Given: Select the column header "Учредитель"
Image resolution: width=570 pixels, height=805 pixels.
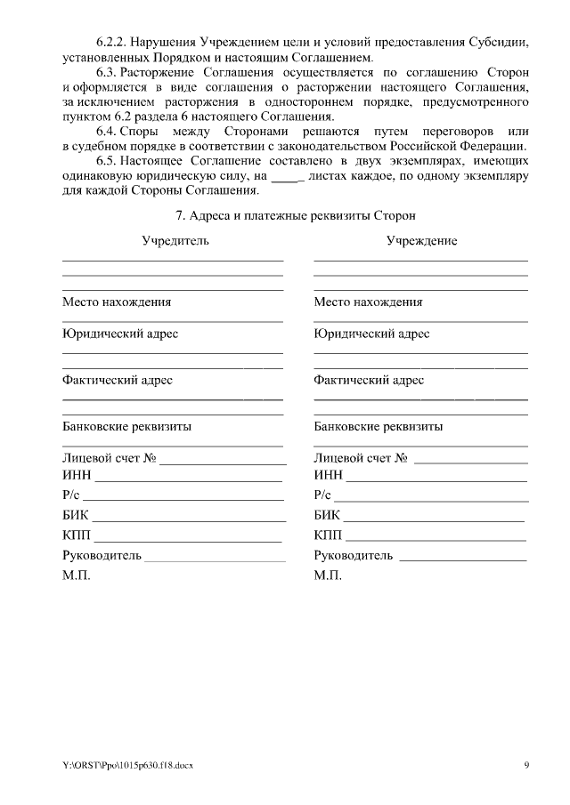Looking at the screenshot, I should (175, 241).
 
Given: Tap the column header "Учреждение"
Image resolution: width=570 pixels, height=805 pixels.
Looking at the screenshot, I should (421, 241).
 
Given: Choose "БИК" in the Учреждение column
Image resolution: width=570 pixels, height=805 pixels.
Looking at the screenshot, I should (327, 516).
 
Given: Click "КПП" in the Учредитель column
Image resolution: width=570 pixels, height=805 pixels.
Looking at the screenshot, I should (77, 535).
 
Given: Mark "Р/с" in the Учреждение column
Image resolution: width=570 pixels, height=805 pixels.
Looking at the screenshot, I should (322, 496).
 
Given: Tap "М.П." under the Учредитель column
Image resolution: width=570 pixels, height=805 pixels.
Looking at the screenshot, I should (77, 576).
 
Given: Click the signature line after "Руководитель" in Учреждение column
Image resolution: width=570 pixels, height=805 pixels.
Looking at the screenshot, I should (463, 558).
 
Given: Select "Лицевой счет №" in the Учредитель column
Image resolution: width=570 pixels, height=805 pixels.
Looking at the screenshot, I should (110, 458).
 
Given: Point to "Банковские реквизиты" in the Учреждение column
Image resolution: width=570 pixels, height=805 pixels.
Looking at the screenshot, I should (379, 426).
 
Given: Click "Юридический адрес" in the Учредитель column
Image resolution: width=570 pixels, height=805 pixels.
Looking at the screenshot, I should (120, 334).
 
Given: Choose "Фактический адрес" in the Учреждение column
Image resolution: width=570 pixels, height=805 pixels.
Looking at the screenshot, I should (369, 380).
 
